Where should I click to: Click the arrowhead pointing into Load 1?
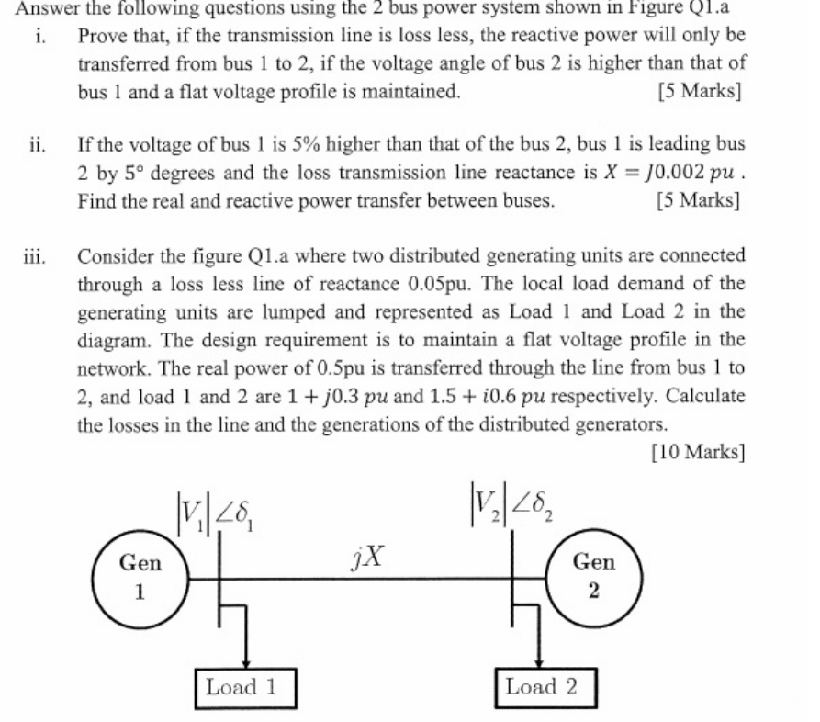(245, 660)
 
